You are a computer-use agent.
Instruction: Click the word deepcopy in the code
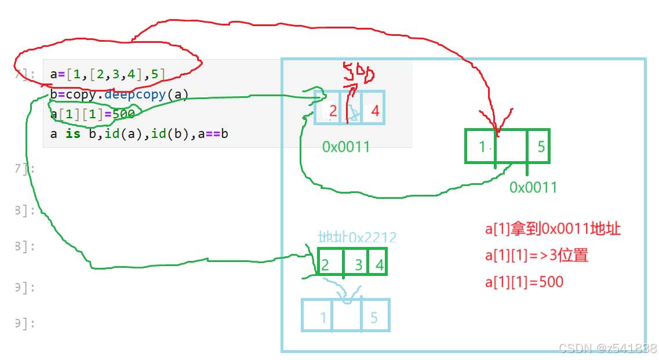(x=136, y=94)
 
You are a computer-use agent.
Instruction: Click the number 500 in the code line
(x=123, y=114)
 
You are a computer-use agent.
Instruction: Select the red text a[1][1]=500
(x=524, y=282)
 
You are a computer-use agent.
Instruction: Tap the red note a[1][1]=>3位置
(x=536, y=256)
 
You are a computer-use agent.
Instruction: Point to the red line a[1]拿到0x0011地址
(x=552, y=230)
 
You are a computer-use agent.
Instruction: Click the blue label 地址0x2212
(x=358, y=237)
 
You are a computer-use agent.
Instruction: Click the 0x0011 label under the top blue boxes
(x=346, y=147)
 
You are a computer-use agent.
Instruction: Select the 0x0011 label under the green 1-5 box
(x=533, y=187)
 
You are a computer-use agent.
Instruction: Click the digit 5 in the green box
(x=541, y=147)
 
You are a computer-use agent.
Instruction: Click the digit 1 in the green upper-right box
(x=483, y=147)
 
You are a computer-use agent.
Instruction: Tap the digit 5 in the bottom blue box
(x=374, y=317)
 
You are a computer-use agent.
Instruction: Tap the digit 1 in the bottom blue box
(x=323, y=317)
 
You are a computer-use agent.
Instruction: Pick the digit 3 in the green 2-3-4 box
(x=359, y=266)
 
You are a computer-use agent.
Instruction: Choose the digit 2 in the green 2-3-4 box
(x=325, y=266)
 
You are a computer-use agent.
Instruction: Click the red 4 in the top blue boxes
(x=374, y=110)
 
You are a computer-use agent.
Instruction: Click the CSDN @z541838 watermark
(x=607, y=348)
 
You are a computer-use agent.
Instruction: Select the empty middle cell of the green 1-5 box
(x=511, y=147)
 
